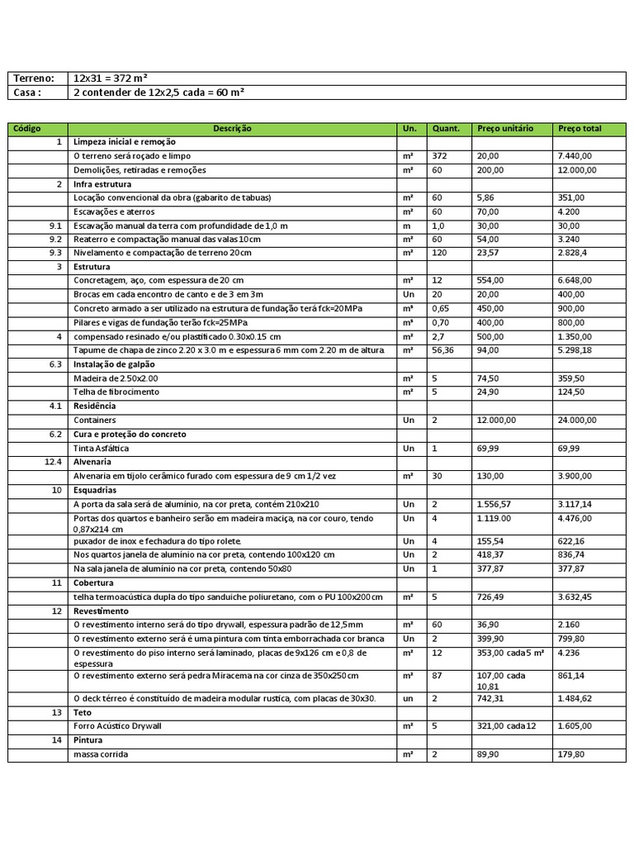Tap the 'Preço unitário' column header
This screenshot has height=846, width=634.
505,129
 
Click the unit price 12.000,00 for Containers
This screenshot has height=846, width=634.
497,421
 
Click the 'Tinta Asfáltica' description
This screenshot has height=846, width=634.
102,449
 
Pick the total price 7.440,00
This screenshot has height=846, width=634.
575,156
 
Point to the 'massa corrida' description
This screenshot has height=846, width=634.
101,754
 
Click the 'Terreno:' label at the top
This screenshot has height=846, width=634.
34,78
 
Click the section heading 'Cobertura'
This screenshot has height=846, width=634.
93,582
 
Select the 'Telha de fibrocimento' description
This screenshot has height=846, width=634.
116,392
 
